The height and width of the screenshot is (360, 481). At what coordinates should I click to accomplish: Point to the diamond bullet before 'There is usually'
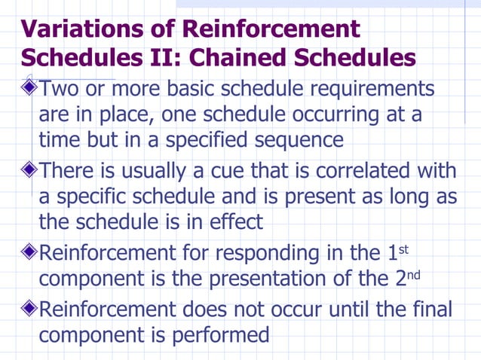29,169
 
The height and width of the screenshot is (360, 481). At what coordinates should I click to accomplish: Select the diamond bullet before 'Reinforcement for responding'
29,251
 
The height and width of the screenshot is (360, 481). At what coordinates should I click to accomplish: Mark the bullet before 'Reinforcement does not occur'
29,308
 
